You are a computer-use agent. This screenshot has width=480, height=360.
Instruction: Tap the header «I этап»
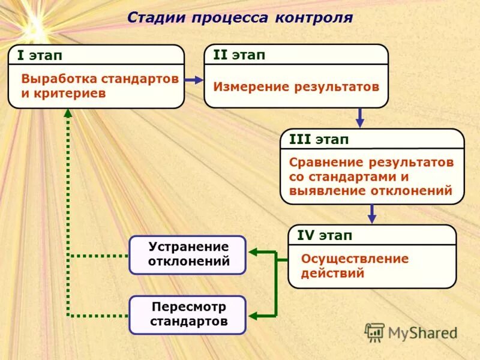[x=40, y=56]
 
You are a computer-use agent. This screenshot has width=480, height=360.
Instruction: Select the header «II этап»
[x=239, y=55]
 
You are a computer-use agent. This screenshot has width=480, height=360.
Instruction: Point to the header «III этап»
[x=319, y=139]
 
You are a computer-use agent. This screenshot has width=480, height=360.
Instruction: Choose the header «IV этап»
[x=325, y=235]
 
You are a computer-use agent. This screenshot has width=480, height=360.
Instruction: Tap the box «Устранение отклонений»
[x=188, y=254]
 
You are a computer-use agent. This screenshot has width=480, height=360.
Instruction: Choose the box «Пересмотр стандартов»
[x=188, y=314]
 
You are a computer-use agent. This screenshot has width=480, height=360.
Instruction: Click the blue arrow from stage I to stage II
[x=194, y=79]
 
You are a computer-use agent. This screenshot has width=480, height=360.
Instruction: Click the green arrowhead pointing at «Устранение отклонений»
[x=253, y=253]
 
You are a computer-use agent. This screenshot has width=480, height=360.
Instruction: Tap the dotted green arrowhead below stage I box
[x=68, y=113]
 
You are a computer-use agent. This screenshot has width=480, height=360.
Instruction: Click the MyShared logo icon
[x=375, y=332]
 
